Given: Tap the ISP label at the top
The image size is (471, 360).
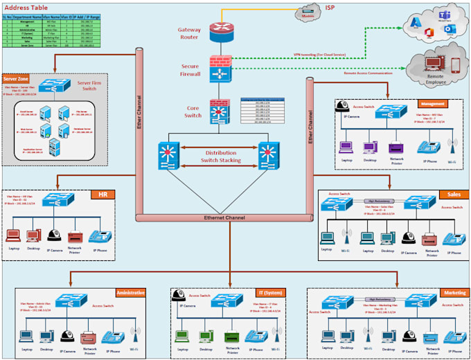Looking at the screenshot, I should [x=330, y=8].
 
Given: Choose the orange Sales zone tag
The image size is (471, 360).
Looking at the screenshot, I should [x=452, y=195].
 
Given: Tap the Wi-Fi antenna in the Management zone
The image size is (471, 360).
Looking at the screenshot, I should [x=452, y=146].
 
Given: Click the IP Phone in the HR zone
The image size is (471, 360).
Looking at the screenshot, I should [x=99, y=237].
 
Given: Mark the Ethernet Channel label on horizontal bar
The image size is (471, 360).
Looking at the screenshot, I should [x=224, y=218].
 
